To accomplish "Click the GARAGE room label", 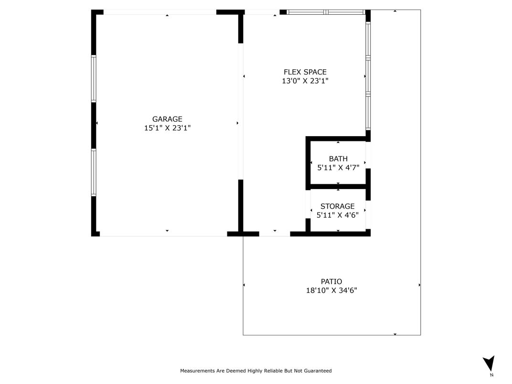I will pos(167,119).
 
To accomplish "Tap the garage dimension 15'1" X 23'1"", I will pos(167,128).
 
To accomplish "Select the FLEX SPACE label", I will pos(305,72).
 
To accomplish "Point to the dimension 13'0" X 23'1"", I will pos(305,81).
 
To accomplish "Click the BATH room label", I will pos(338,159).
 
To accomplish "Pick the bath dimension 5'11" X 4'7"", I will pos(338,168).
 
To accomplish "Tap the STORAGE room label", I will pos(338,206).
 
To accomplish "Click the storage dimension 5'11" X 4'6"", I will pos(338,215).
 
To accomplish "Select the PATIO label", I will pos(331,281).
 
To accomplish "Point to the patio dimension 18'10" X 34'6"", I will pos(331,290).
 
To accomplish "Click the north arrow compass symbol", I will pos(488,363).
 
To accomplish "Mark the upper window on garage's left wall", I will pos(94,79).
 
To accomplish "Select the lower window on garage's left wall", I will pos(94,172).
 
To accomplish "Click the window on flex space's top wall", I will pos(326,12).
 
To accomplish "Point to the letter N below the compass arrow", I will pos(491,375).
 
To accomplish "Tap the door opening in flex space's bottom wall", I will pos(275,234).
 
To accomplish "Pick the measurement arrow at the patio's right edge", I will pos(419,285).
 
